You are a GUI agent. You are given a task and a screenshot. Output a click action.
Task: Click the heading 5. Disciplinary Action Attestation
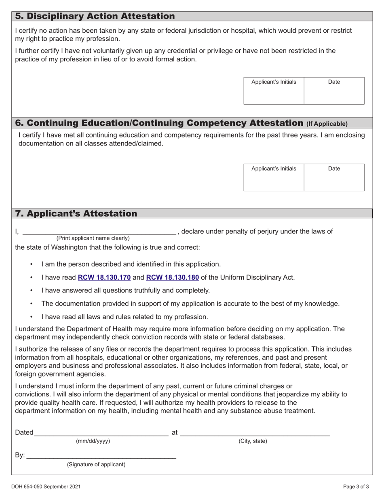pos(95,16)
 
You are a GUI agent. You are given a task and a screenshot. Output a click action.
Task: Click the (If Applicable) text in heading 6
pos(327,124)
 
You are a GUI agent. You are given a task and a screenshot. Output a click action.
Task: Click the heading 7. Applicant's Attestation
pos(76,213)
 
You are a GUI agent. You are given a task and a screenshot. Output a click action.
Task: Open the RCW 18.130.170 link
pos(104,277)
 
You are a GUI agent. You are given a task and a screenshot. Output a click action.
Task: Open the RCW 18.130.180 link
pos(172,277)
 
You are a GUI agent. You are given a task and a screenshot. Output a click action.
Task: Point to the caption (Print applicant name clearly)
pos(93,238)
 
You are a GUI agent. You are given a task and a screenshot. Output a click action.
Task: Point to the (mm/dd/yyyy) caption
pos(93,441)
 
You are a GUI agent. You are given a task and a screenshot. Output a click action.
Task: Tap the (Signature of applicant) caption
pos(96,465)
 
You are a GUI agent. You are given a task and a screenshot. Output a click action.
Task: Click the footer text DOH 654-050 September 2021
pos(48,487)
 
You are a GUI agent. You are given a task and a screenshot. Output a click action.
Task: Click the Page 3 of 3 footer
pos(353,487)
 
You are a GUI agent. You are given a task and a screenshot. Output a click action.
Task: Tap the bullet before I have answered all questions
pos(32,291)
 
